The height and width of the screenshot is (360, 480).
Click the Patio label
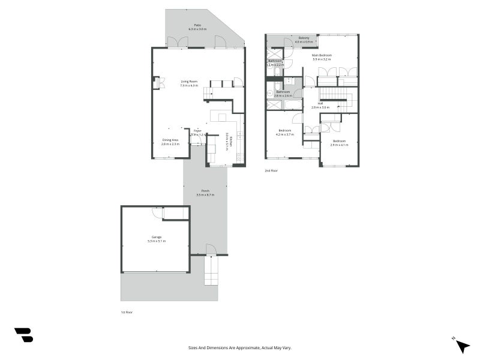[197, 27]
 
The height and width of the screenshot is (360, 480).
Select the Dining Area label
[170, 142]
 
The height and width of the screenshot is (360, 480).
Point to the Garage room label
[156, 239]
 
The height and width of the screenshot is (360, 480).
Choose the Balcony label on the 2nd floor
[304, 40]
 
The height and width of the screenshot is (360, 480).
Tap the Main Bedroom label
[322, 57]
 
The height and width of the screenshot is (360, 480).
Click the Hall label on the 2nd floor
[320, 105]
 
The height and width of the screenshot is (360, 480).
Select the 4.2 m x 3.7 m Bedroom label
[284, 132]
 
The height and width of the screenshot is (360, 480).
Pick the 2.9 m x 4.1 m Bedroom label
[339, 143]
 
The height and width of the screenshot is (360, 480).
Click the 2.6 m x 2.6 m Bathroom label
[283, 94]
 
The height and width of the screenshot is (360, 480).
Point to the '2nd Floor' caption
[271, 170]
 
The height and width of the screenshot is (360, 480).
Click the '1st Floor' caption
[127, 313]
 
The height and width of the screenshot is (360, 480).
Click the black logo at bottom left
[23, 335]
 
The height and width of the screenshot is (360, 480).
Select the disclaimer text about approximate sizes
[240, 347]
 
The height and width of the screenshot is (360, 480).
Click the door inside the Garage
[158, 212]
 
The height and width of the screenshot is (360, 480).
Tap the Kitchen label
[227, 140]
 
